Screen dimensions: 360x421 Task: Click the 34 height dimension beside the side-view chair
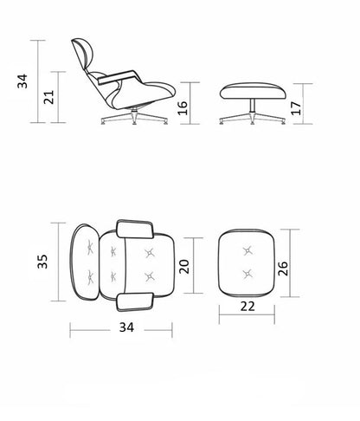point(22,81)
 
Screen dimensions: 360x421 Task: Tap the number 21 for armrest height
point(48,97)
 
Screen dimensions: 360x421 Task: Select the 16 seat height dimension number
point(183,108)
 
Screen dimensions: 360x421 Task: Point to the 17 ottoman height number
point(296,108)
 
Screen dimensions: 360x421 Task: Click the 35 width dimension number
point(42,262)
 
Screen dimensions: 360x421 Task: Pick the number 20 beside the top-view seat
point(184,267)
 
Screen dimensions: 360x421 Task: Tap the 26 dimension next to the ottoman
point(283,269)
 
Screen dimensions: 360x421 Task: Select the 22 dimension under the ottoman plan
point(247,306)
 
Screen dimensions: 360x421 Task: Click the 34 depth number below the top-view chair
point(126,327)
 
